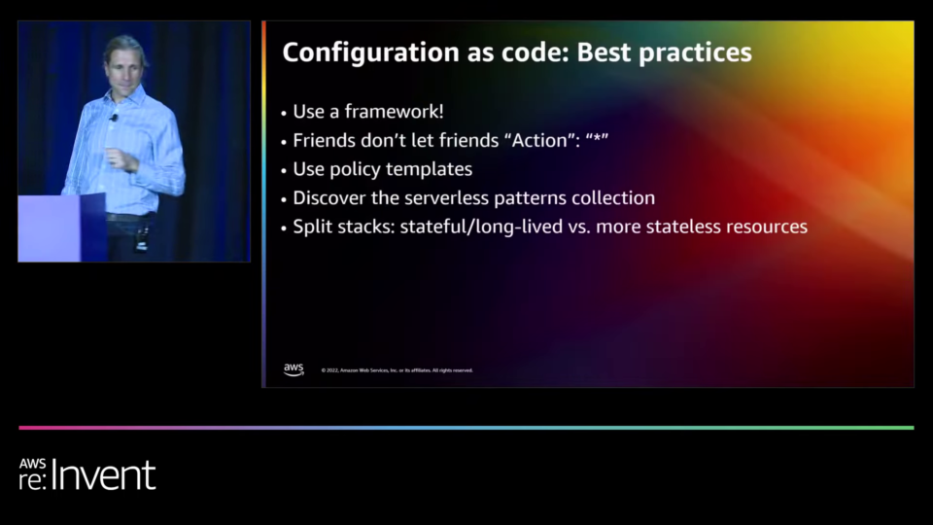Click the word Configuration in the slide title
point(370,52)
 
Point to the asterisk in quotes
point(597,139)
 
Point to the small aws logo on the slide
point(294,369)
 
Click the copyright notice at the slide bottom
point(397,370)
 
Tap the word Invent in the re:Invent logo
point(103,475)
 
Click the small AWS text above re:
point(32,465)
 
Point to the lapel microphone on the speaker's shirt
point(113,118)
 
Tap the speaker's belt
point(129,217)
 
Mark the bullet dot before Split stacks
point(284,227)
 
